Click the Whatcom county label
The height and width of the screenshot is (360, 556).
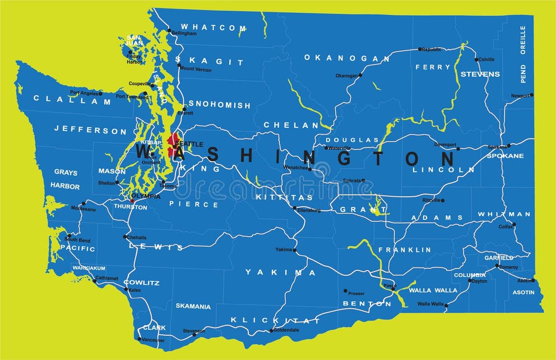(213, 27)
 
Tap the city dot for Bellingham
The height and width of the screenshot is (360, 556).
(169, 30)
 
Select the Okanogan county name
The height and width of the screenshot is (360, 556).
(347, 58)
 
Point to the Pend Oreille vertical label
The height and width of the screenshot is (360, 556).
(523, 54)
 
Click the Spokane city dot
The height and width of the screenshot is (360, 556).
(509, 145)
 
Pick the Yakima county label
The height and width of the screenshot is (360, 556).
(281, 273)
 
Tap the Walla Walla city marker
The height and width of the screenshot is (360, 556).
(447, 305)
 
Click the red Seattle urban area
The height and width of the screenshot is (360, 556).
(173, 141)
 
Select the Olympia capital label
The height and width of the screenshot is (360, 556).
(146, 197)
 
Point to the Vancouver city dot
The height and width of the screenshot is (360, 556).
(140, 339)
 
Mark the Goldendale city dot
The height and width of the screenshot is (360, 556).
(271, 330)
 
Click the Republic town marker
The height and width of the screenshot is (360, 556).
(420, 49)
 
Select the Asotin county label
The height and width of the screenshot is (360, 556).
(523, 293)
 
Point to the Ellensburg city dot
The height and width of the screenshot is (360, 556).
(294, 208)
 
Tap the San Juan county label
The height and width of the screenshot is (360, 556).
(133, 40)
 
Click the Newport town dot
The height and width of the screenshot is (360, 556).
(531, 95)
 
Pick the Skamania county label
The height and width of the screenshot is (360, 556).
(193, 307)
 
